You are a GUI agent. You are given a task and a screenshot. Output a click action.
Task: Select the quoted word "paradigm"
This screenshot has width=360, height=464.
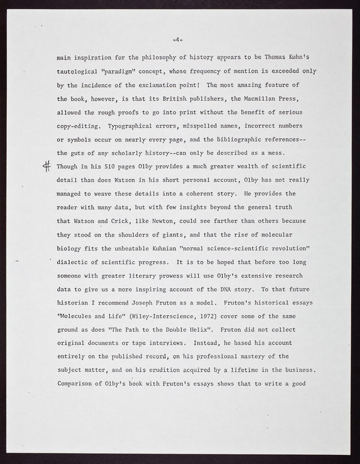click(118, 71)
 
